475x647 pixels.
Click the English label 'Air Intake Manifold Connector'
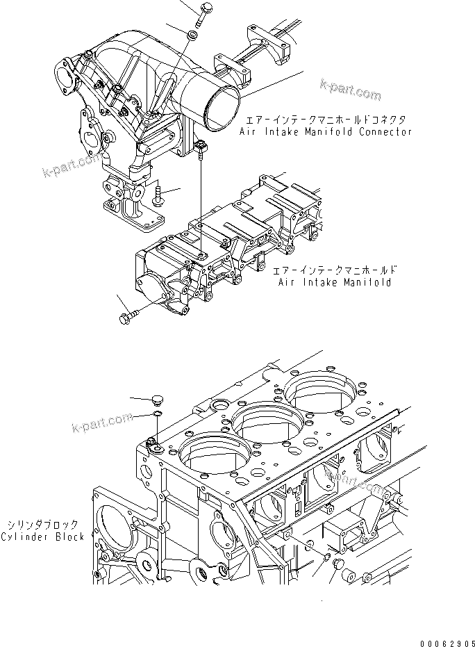(x=325, y=131)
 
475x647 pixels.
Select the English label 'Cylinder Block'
(x=42, y=536)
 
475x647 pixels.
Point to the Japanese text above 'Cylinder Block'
(x=44, y=525)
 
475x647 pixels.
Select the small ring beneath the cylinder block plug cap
(x=157, y=415)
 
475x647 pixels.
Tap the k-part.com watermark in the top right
(x=350, y=90)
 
